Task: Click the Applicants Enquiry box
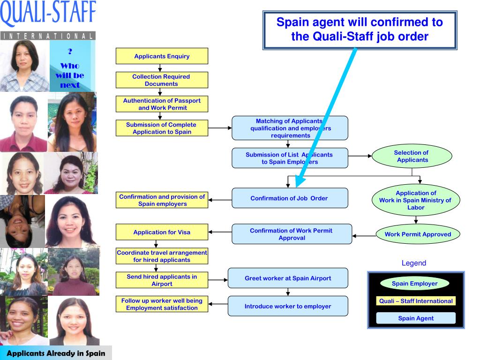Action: click(x=162, y=56)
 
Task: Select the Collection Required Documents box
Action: click(x=162, y=80)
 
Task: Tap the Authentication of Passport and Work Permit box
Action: click(x=162, y=104)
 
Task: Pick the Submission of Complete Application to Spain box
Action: click(x=162, y=128)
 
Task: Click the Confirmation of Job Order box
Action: click(x=290, y=198)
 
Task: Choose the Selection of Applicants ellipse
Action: click(x=412, y=156)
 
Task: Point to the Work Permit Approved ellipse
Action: click(x=418, y=234)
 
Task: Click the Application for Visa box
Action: click(x=162, y=232)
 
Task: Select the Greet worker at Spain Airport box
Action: click(x=288, y=278)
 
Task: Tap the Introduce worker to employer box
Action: click(x=288, y=306)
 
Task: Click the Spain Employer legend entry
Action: click(x=414, y=284)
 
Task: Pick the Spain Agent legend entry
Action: click(x=416, y=318)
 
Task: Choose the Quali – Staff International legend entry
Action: click(x=416, y=301)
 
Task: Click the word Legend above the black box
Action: click(x=414, y=263)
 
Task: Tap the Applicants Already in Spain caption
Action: click(x=56, y=353)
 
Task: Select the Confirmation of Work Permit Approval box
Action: click(x=292, y=234)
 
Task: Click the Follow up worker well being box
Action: click(x=162, y=304)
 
